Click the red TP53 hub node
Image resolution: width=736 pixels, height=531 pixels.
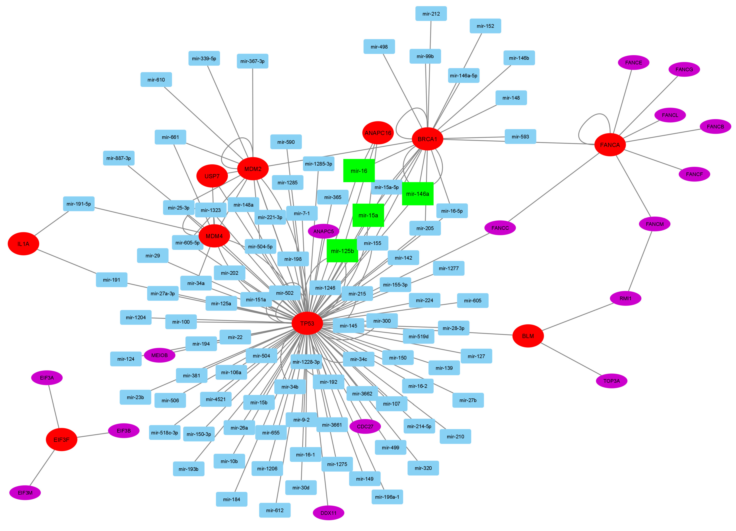point(307,323)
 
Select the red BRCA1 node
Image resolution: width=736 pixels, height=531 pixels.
point(427,139)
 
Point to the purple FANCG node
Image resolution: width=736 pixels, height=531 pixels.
point(684,69)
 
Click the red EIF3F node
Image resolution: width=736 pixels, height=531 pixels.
point(61,440)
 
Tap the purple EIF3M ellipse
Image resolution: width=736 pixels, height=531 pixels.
point(25,493)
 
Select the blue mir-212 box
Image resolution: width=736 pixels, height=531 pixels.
point(431,14)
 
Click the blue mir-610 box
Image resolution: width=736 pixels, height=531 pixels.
point(156,80)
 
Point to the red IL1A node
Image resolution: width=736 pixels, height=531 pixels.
point(23,244)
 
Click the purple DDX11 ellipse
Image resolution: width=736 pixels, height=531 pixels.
point(328,513)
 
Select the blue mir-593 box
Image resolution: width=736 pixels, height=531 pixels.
point(520,136)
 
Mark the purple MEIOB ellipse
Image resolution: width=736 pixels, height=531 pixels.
point(159,355)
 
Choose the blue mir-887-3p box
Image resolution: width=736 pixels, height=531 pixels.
point(119,158)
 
